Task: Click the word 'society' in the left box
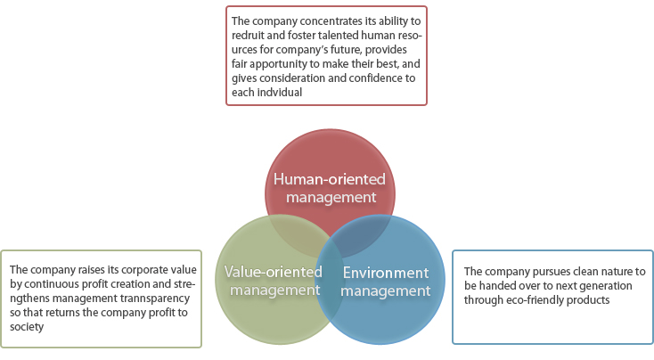pos(27,327)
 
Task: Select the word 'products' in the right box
pos(592,300)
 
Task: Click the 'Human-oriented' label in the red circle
pos(330,179)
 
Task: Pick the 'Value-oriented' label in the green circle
pos(274,272)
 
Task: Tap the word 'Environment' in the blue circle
pos(386,273)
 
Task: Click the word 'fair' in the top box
pos(239,64)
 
